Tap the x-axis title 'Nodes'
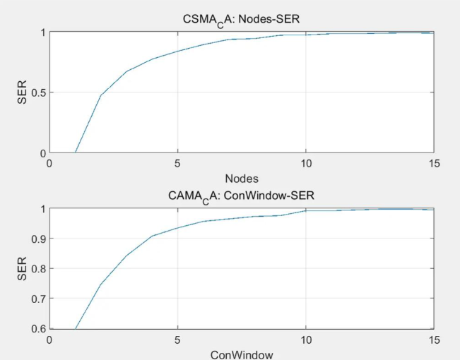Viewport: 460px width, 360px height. [242, 177]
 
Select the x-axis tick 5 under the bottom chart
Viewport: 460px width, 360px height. [177, 340]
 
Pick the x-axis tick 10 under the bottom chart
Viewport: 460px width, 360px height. [305, 340]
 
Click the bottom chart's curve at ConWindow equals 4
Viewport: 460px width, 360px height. [152, 236]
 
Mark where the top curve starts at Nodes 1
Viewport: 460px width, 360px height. [75, 152]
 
